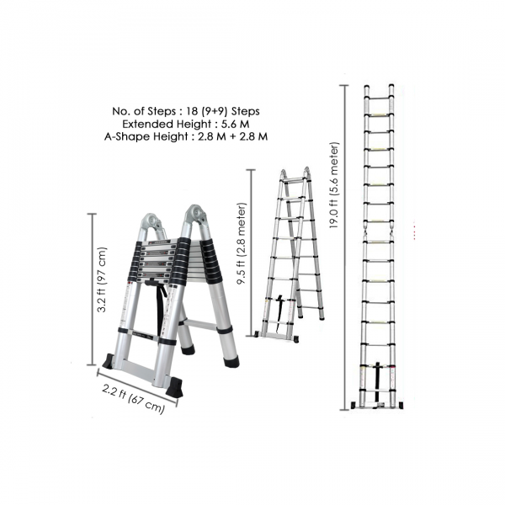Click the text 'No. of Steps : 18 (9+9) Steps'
point(186,111)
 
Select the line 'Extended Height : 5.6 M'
point(186,124)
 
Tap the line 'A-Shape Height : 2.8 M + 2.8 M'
point(186,136)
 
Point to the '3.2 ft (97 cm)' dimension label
point(102,279)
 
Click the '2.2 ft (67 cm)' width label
point(133,399)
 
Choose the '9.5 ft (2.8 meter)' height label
point(242,244)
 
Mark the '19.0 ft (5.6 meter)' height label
point(334,185)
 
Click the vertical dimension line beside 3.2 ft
point(93,290)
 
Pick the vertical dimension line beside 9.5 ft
point(251,252)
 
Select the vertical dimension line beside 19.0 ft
point(344,247)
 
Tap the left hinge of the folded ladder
point(151,222)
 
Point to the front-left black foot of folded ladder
point(109,361)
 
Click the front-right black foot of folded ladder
point(174,387)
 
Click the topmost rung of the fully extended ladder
point(378,97)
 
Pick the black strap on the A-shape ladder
point(279,313)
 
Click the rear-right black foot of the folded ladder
point(232,361)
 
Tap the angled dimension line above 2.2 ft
point(137,388)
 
